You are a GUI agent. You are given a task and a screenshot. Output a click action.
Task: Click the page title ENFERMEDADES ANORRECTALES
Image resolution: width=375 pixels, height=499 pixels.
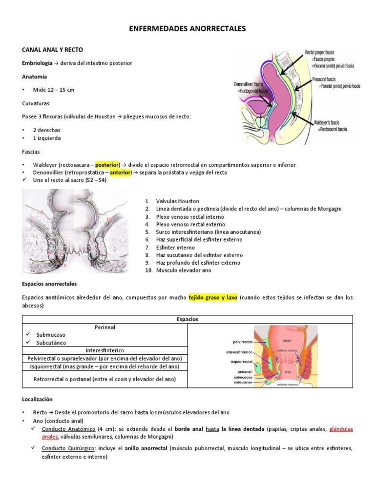click(187, 30)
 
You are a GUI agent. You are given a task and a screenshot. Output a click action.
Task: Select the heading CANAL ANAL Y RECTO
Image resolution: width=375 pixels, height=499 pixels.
click(52, 50)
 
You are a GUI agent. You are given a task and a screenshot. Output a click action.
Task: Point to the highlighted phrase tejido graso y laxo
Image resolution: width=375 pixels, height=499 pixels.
click(213, 297)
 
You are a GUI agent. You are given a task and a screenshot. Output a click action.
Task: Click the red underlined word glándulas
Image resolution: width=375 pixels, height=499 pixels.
click(341, 429)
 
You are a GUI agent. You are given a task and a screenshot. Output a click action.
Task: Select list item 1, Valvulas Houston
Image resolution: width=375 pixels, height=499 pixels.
click(171, 201)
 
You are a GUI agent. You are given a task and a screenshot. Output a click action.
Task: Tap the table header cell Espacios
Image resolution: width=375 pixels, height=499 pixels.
click(187, 319)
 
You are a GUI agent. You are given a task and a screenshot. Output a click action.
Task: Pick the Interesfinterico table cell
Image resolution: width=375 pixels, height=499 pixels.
click(105, 350)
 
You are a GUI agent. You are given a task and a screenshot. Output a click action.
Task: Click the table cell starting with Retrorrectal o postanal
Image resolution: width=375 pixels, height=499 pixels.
click(105, 379)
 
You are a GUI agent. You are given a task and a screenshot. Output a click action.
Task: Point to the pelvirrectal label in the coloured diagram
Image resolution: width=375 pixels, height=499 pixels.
click(239, 343)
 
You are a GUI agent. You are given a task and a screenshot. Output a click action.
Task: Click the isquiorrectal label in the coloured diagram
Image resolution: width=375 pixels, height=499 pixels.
click(241, 362)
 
